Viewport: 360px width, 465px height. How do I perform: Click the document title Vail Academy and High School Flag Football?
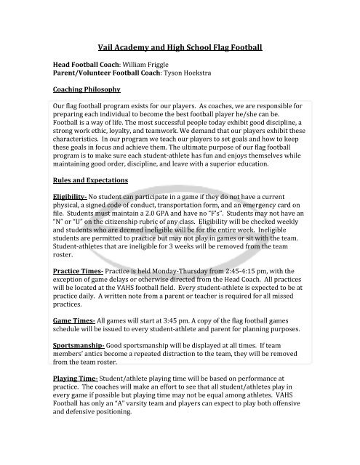point(180,46)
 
